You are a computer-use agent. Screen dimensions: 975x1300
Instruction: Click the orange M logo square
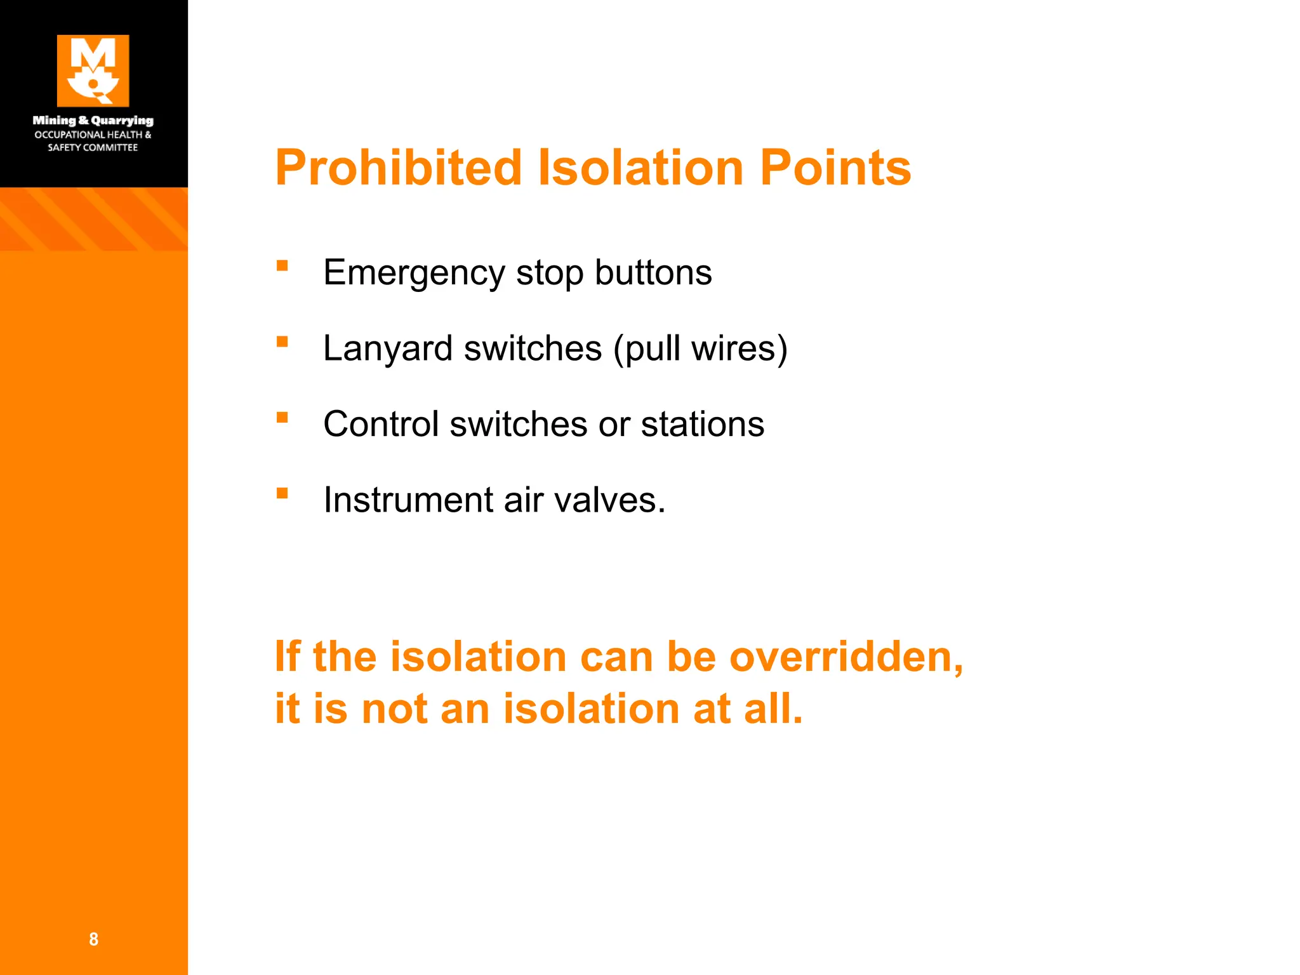93,70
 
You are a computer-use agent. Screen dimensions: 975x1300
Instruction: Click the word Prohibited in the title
398,168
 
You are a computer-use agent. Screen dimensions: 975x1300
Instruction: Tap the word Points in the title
835,168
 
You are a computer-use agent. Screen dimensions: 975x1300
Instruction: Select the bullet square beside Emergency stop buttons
282,266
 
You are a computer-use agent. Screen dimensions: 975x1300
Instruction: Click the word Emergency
414,273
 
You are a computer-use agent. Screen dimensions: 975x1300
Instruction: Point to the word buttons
653,273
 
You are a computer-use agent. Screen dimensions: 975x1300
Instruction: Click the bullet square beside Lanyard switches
282,342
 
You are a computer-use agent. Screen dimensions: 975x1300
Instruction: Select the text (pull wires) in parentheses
700,348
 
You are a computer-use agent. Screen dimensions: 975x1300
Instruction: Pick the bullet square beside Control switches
282,417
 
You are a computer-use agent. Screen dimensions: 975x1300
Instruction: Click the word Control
381,424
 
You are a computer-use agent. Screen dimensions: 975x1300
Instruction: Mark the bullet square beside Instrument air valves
282,493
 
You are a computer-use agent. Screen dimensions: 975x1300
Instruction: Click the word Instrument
408,500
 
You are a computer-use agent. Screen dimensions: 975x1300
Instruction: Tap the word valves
610,500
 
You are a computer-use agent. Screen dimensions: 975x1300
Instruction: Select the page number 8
93,939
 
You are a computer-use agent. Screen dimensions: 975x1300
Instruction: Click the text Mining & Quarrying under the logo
93,120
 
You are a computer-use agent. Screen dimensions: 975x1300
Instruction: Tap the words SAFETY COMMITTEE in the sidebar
93,147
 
